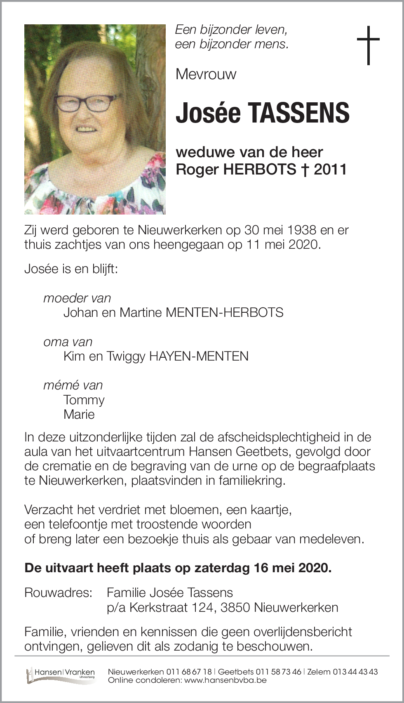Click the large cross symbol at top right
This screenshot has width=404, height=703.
368,45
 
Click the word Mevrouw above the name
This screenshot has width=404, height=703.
206,74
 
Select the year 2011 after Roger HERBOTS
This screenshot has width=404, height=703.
330,169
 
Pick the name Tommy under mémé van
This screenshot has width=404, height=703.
84,400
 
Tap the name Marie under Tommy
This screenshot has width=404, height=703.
79,414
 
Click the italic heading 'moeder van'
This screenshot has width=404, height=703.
77,298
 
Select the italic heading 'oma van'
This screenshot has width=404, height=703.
68,342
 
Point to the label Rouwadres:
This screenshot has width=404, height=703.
58,593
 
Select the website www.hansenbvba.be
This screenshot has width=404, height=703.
225,680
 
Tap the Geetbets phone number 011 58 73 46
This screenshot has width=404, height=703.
278,672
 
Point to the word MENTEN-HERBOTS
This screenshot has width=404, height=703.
224,312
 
